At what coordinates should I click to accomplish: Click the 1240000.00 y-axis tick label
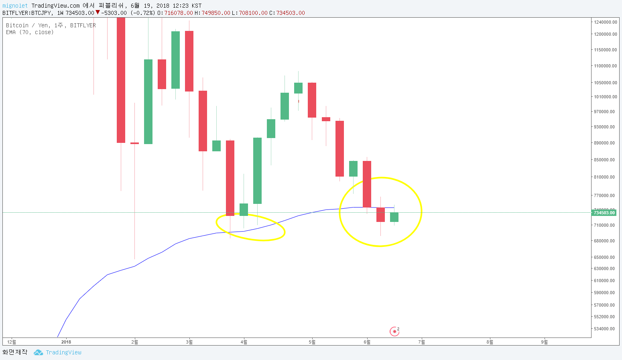606,22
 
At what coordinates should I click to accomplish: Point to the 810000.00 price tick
604,177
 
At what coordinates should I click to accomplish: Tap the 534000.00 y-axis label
604,329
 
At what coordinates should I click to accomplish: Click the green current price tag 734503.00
604,213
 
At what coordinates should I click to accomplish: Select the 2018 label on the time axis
66,342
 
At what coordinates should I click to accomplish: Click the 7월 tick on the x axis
421,342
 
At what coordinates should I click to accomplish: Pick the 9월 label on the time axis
544,342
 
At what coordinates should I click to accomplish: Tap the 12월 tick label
12,342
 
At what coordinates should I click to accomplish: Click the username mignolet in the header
15,6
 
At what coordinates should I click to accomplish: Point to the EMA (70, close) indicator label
30,32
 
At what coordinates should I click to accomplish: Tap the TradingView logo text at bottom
63,352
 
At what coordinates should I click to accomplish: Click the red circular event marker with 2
394,332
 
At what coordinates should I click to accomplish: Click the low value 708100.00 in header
253,13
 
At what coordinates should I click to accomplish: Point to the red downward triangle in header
98,12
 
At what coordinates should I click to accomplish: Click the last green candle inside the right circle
394,217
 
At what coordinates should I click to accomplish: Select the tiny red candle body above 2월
134,143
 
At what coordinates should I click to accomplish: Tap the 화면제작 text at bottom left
15,352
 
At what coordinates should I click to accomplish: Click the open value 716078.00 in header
178,13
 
